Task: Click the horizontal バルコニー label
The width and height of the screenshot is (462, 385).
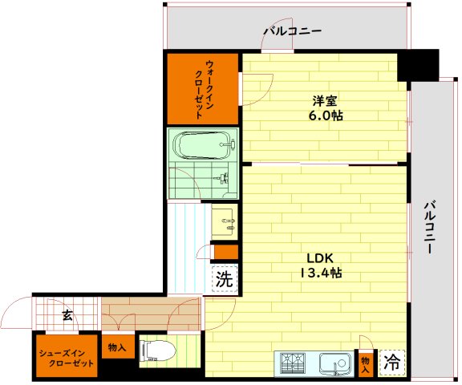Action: tap(293, 32)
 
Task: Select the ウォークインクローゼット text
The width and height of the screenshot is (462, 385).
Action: tap(203, 89)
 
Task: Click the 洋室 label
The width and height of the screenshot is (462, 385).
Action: tap(325, 101)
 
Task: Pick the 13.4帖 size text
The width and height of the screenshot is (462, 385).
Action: tap(324, 273)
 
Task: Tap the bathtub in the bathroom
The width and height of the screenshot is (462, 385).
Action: tap(204, 145)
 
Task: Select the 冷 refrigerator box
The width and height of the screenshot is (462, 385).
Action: tap(391, 363)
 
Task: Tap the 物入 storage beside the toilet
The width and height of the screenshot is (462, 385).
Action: tap(116, 347)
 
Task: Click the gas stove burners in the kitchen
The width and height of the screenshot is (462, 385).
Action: tap(294, 363)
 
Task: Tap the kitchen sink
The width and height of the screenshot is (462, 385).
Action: tap(336, 363)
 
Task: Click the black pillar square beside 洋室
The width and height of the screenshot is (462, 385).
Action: tap(418, 64)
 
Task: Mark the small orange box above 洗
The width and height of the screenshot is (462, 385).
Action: tap(226, 253)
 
